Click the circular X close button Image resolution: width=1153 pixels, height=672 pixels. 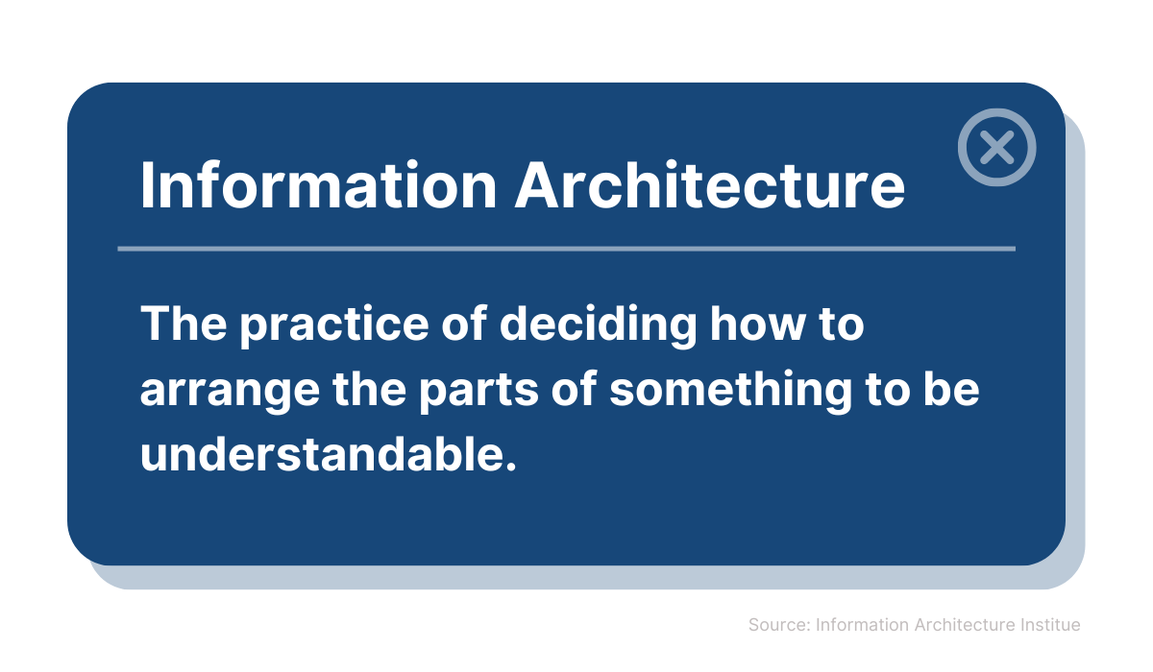pos(996,147)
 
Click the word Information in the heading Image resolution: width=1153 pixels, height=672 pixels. pos(319,185)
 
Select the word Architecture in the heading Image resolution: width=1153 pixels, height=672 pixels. pos(710,185)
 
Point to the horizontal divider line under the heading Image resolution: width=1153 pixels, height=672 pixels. pos(566,249)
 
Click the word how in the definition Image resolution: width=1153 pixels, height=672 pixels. pos(759,324)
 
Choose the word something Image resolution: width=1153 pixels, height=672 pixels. pos(731,391)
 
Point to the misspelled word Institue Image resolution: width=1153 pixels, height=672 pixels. pos(1050,625)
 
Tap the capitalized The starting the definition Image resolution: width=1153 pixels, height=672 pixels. pos(184,323)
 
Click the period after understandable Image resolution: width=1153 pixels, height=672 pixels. pos(510,467)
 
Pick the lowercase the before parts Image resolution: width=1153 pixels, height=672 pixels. pos(369,389)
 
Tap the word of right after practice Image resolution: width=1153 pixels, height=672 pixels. pos(464,323)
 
